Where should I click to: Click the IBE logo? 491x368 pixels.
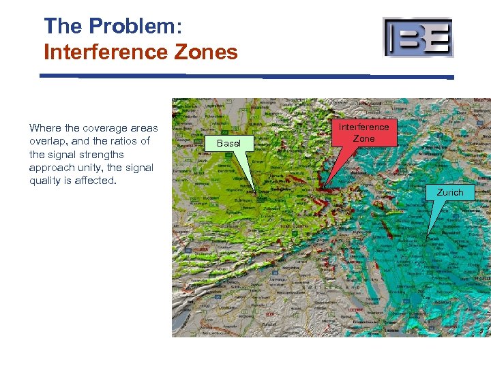click(x=417, y=37)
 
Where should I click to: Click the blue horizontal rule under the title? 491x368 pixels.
click(x=245, y=76)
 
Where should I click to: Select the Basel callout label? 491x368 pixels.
click(x=228, y=143)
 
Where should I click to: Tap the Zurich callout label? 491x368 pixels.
click(x=450, y=192)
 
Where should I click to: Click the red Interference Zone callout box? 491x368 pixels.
click(x=363, y=133)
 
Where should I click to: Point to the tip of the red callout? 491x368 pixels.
click(x=325, y=187)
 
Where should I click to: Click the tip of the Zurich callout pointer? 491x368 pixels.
click(x=428, y=238)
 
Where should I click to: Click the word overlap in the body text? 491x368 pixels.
click(x=48, y=141)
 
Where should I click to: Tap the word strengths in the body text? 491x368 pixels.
click(x=102, y=155)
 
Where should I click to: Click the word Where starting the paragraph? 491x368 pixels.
click(x=46, y=128)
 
